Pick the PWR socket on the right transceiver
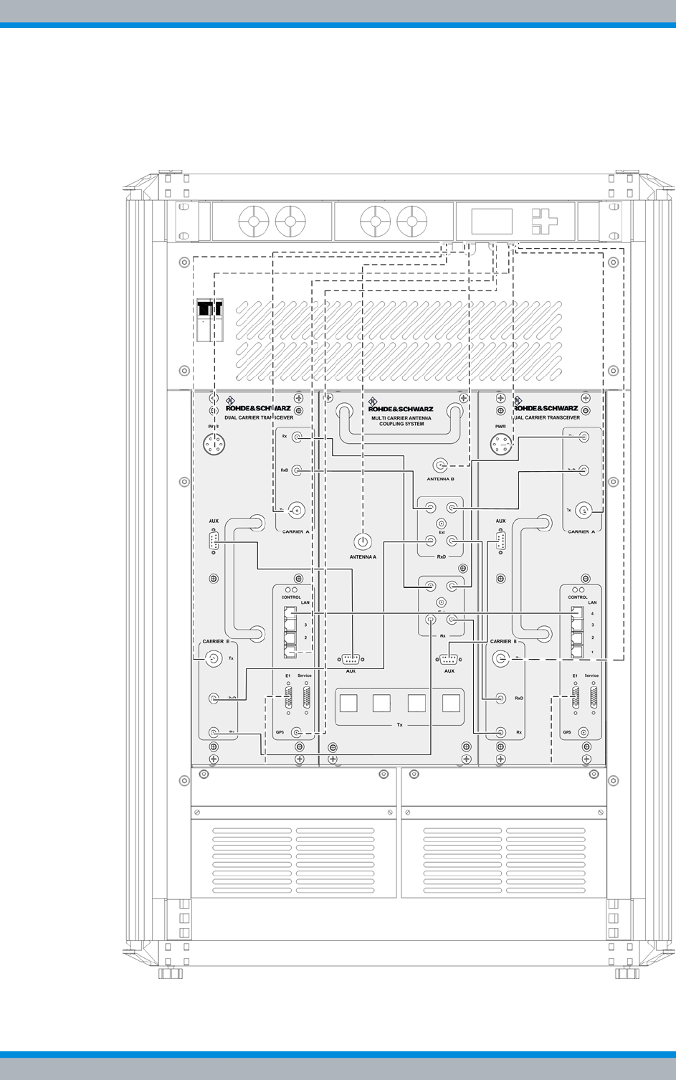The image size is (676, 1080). coord(500,445)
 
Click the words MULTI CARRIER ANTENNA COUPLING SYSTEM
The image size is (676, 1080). coord(401,420)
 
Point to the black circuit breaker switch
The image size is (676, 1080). coord(209,309)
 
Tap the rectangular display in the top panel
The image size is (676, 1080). coord(492,221)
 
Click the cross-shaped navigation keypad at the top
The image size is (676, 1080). coord(544,221)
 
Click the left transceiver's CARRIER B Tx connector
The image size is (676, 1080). coord(213,658)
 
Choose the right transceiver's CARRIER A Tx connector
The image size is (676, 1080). coord(585,511)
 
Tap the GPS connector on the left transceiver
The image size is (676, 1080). coord(295,733)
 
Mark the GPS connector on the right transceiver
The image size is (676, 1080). coord(583,733)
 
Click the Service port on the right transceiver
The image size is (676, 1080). coord(593,696)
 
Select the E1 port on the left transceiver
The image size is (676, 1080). coord(288,696)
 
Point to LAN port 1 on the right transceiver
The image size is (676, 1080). coord(577,652)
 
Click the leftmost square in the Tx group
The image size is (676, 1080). coord(348,703)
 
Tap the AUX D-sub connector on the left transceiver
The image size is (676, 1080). coord(214,541)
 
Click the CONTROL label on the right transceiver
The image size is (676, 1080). coord(578,597)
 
